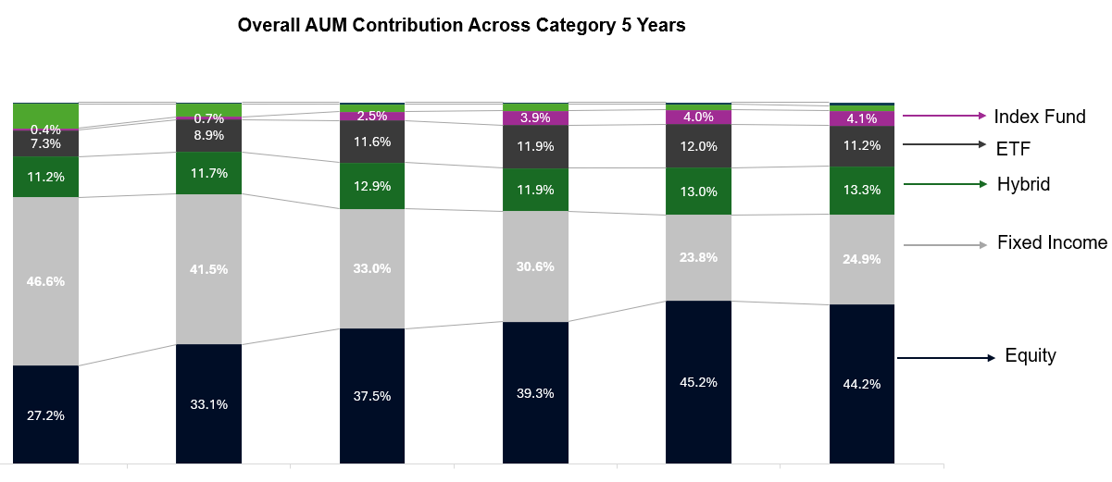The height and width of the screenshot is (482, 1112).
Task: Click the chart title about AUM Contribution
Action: coord(461,26)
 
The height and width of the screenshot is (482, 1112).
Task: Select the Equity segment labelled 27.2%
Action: coord(46,414)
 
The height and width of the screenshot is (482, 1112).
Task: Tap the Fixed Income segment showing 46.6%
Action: coord(46,281)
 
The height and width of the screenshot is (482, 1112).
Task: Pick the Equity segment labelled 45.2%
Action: coord(698,381)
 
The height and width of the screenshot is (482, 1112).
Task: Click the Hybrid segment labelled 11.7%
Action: coord(209,172)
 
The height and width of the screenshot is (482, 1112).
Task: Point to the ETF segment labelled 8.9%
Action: coord(209,135)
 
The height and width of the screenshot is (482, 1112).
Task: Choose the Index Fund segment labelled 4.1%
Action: coord(861,118)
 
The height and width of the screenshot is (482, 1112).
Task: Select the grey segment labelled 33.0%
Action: coord(372,268)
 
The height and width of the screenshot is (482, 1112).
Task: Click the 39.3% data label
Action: coord(535,393)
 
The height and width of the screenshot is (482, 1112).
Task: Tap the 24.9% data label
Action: coord(861,258)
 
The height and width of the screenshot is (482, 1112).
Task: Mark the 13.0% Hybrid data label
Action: coord(698,192)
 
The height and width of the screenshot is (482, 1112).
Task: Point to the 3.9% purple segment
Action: coord(535,117)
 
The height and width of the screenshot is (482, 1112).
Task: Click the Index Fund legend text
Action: coord(1039,117)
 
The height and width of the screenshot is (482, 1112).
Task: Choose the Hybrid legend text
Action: coord(1023,184)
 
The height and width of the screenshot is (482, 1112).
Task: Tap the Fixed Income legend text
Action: coord(1052,243)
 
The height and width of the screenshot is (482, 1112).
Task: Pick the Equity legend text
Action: coord(1031,356)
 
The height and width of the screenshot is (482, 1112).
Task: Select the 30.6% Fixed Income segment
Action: coord(535,266)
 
